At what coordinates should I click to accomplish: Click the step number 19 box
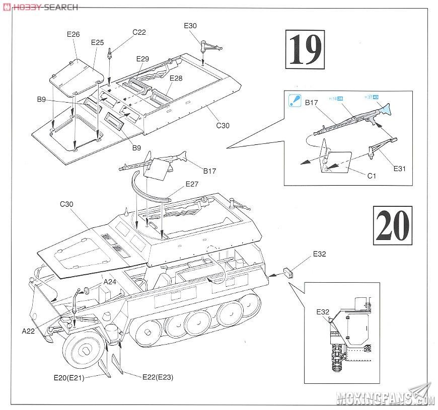[x=305, y=49]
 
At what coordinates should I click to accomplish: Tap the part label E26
[x=74, y=35]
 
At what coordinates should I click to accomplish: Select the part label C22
[x=139, y=32]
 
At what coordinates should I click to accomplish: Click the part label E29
[x=142, y=59]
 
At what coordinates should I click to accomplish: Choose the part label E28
[x=176, y=78]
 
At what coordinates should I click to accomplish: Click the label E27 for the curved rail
[x=192, y=185]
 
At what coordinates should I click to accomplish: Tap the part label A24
[x=110, y=282]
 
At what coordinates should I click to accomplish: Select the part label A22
[x=28, y=331]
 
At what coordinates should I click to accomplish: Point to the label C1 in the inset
[x=372, y=176]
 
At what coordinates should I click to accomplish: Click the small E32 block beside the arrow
[x=288, y=273]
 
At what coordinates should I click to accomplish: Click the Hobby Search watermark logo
[x=40, y=7]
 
